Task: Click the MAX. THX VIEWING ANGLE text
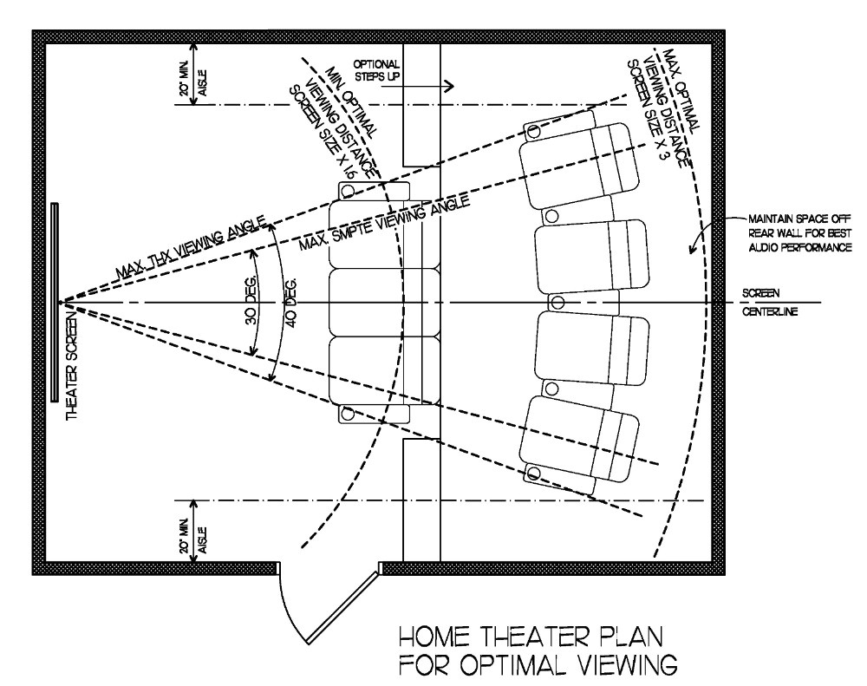click(x=170, y=250)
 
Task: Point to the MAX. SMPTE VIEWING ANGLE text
click(x=384, y=223)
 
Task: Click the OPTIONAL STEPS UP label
click(x=376, y=70)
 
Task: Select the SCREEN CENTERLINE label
click(x=769, y=302)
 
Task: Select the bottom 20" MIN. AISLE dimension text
click(x=187, y=531)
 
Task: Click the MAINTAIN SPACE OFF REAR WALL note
click(x=786, y=234)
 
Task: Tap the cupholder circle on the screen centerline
click(x=558, y=302)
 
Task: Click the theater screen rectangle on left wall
click(x=55, y=301)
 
